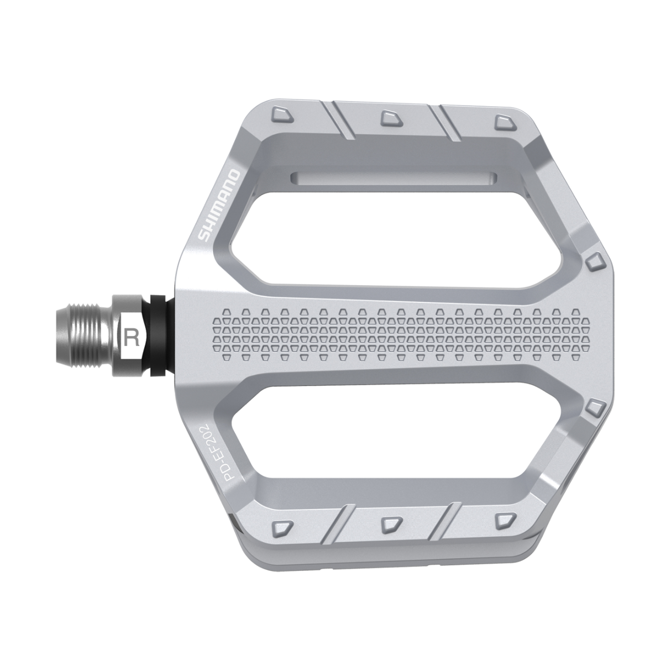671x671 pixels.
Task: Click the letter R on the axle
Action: [132, 337]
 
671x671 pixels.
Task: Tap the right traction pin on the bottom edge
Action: [504, 519]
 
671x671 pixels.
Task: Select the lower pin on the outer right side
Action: [594, 408]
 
